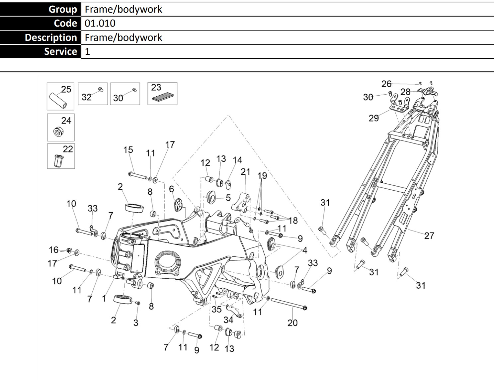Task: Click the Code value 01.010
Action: [100, 23]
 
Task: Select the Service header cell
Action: [40, 51]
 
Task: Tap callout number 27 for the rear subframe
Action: [429, 236]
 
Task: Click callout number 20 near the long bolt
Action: [292, 323]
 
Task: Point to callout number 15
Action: [128, 150]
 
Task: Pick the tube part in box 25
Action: [58, 101]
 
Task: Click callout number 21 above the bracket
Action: [245, 172]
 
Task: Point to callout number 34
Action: [228, 320]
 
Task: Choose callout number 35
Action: [216, 309]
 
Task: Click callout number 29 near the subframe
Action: [374, 118]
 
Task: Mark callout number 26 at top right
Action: [386, 84]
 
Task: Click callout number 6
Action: [171, 189]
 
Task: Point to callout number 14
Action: [237, 160]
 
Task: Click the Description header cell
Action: [40, 38]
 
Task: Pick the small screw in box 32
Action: [101, 89]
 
